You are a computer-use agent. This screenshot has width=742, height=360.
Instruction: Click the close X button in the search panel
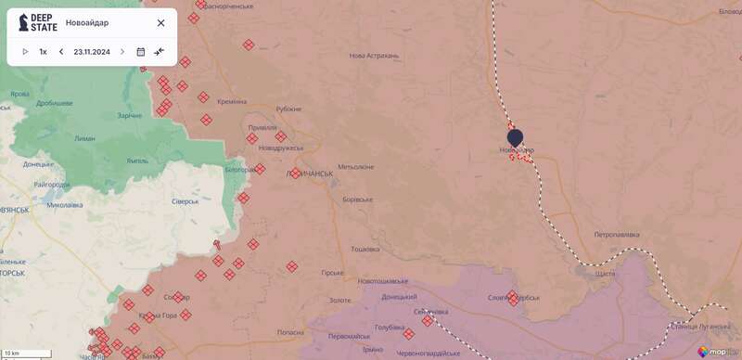coord(160,23)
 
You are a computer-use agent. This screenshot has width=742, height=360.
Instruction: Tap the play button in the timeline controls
coord(25,52)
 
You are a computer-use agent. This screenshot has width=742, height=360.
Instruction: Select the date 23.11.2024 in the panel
coord(92,52)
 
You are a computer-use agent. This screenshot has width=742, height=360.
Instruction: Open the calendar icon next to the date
coord(141,52)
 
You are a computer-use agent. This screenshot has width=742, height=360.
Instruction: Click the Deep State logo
coord(38,23)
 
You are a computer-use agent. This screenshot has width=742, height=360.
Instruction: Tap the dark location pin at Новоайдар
coord(515,137)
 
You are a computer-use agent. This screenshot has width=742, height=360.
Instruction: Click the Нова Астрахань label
coord(374,56)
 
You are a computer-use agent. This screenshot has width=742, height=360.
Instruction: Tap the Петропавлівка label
coord(617,235)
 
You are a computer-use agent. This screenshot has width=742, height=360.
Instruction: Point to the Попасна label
coord(290,332)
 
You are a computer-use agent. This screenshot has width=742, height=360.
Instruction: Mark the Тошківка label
coord(365,249)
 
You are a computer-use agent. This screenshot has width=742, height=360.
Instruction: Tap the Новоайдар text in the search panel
coord(87,23)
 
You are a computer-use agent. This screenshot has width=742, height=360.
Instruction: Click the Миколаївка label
coord(65,205)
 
